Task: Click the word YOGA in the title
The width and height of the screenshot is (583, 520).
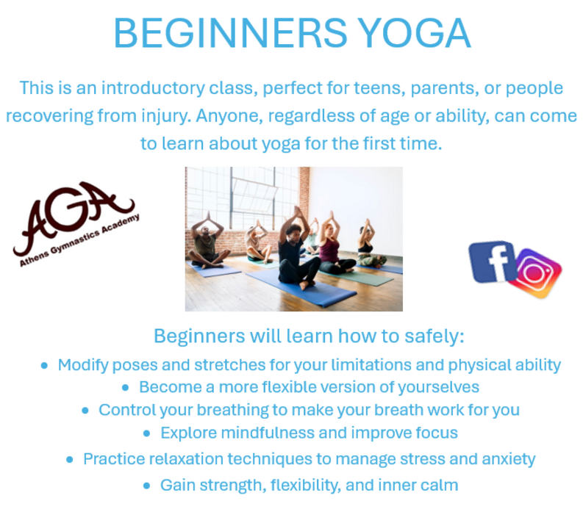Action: tap(415, 33)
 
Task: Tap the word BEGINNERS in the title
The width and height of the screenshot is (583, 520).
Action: tap(231, 33)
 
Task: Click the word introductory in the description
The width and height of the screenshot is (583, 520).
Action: tap(153, 88)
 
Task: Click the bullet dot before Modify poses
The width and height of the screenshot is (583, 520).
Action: tap(44, 366)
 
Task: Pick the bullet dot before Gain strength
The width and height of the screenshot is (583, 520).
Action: tap(146, 485)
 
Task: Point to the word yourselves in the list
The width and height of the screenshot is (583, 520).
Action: tap(439, 388)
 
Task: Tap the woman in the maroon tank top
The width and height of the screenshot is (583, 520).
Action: tap(334, 249)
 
